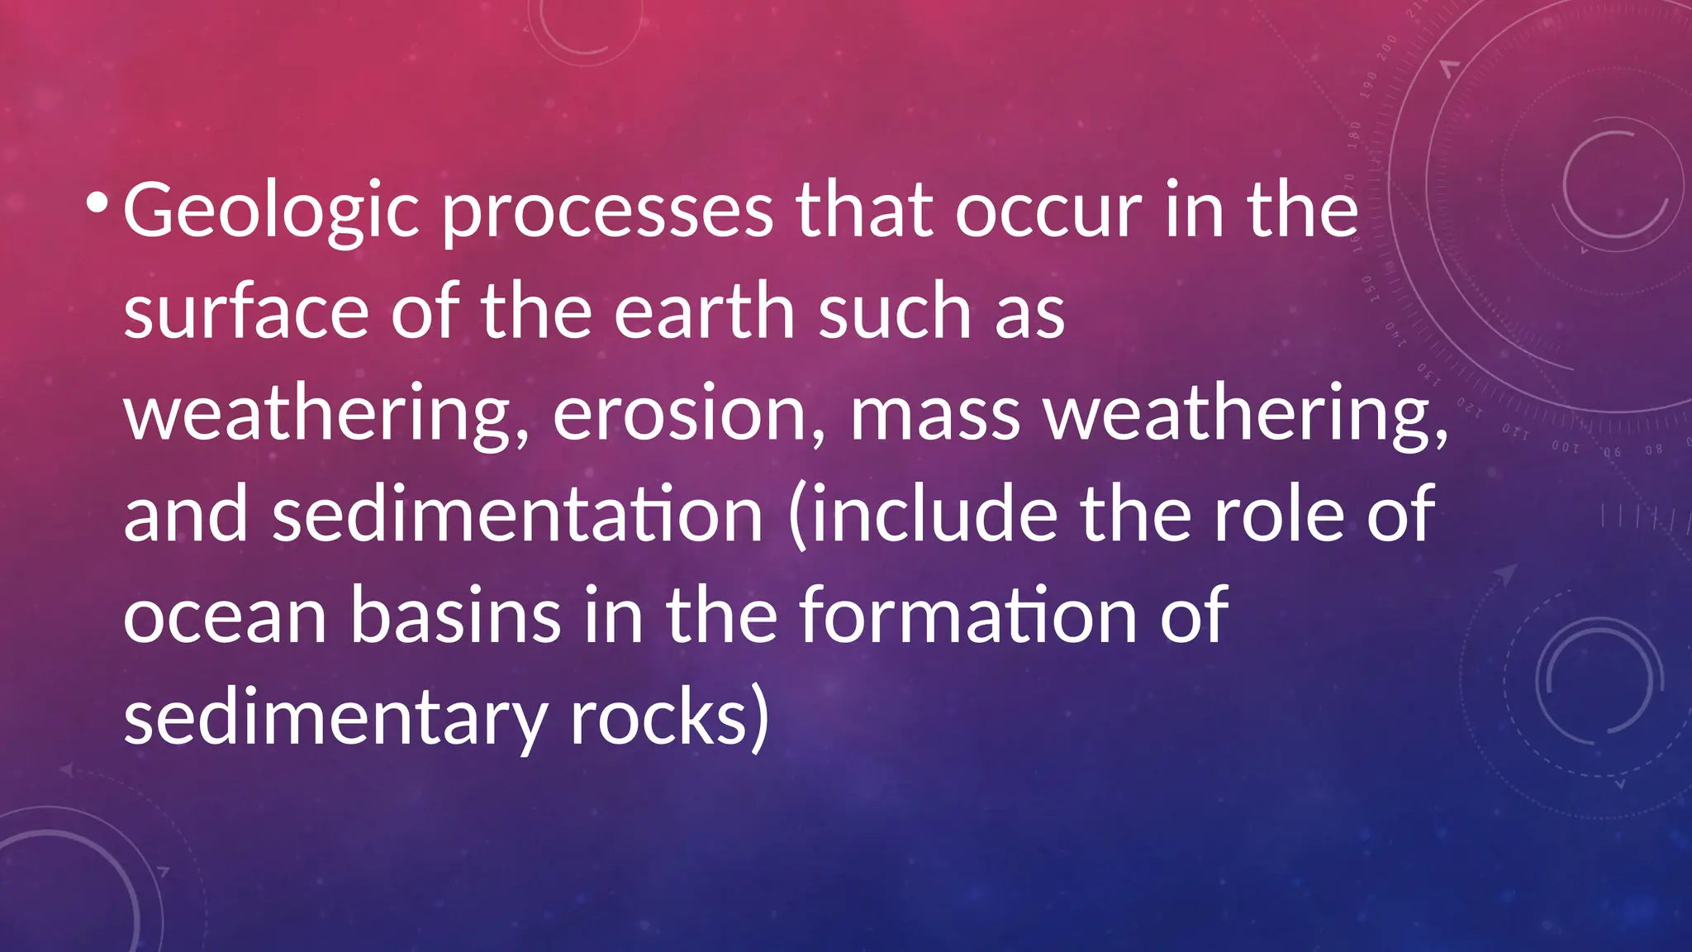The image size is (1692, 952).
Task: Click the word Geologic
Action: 272,212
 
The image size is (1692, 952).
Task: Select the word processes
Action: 607,212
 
